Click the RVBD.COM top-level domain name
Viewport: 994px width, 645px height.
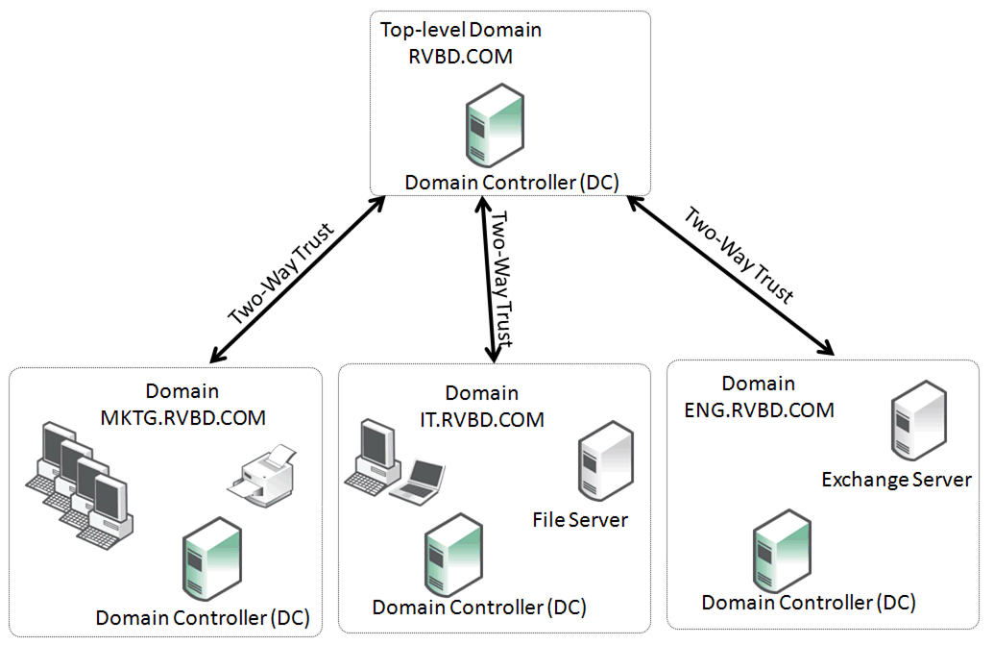[x=460, y=57]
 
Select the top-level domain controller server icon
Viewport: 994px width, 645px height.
[x=496, y=126]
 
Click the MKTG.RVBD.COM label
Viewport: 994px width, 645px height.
[x=183, y=418]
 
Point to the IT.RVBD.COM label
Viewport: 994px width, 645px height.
[x=482, y=420]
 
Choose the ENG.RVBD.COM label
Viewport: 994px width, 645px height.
[x=759, y=410]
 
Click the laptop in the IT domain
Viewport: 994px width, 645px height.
[x=417, y=483]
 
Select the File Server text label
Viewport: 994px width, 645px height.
[x=580, y=520]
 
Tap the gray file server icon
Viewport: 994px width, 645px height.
[x=606, y=461]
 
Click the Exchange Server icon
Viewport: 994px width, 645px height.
[x=918, y=420]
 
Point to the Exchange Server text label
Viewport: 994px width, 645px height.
[x=896, y=480]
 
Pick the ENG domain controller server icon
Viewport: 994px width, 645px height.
[x=782, y=551]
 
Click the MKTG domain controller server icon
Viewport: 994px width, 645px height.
[x=212, y=558]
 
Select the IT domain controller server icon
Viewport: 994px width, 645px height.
[x=454, y=555]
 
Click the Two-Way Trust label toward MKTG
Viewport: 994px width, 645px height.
[x=280, y=274]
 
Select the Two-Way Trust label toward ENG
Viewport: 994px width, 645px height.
[x=739, y=255]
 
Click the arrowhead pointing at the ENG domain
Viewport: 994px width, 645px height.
[x=827, y=348]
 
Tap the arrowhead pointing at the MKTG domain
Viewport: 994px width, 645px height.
[x=218, y=355]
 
